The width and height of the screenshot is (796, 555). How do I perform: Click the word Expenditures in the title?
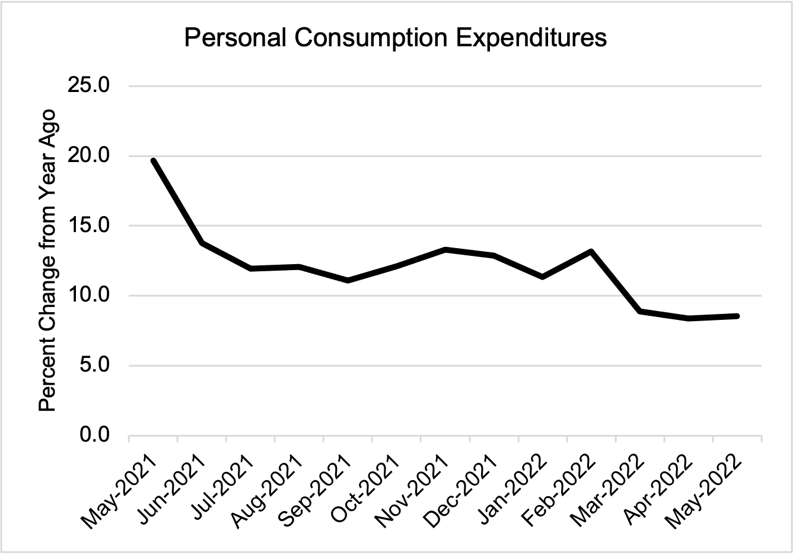click(x=530, y=38)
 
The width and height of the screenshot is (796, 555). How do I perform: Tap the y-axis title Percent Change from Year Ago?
click(x=47, y=260)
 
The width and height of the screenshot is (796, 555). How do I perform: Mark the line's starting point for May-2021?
click(x=153, y=161)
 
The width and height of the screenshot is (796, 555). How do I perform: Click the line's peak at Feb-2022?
click(x=591, y=252)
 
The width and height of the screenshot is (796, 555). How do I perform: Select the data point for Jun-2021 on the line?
click(x=202, y=243)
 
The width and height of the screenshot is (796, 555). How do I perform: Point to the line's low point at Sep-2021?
click(x=348, y=280)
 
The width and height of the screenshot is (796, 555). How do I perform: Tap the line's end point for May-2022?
click(x=737, y=316)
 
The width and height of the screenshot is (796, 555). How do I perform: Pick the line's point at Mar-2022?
click(x=640, y=311)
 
